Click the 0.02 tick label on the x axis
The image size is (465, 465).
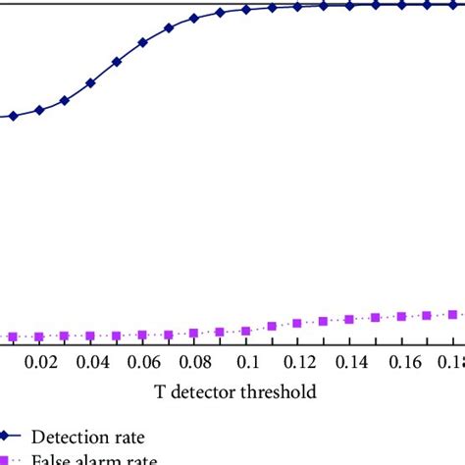click(40, 362)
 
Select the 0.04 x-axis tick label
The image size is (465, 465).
click(91, 362)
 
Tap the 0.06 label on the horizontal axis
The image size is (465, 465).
click(143, 362)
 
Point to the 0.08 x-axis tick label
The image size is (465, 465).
click(194, 362)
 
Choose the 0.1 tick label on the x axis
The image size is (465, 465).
click(245, 362)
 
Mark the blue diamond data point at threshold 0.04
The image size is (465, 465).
click(91, 83)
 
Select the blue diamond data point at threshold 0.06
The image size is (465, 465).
click(143, 43)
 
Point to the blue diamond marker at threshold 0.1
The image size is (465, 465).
click(245, 10)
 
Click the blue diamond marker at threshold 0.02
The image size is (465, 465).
click(40, 110)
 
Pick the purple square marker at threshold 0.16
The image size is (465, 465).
click(400, 316)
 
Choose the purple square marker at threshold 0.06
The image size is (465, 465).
click(143, 335)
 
